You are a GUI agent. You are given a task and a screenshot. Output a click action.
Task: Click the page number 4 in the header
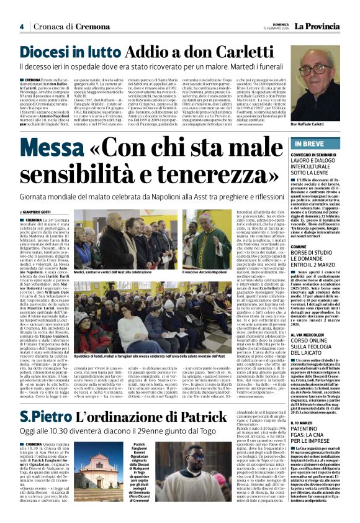[x=21, y=26]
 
